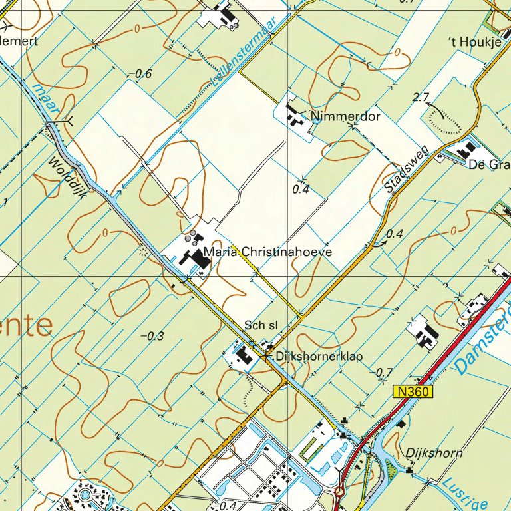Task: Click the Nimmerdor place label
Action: point(345,118)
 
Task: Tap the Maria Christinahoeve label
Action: point(267,253)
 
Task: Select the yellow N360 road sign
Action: point(412,393)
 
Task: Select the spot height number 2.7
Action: point(421,98)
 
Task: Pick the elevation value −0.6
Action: point(140,74)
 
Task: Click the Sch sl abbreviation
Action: point(260,325)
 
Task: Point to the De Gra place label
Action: point(489,164)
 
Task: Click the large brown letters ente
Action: point(27,326)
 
